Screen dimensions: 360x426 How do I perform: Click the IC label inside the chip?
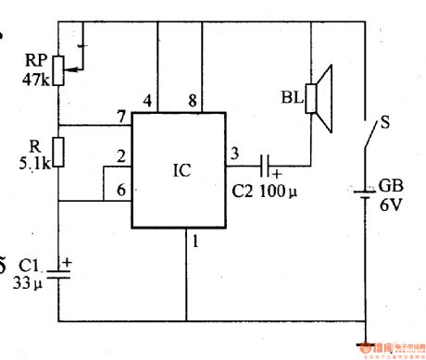point(182,172)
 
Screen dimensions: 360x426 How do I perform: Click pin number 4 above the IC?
point(145,100)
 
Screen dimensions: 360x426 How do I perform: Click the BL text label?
point(292,96)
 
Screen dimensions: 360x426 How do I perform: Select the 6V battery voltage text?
point(390,206)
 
